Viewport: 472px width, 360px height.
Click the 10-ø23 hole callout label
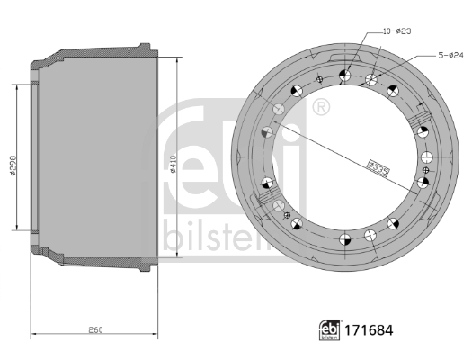pyautogui.click(x=397, y=31)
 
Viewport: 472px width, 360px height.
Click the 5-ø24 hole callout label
pyautogui.click(x=450, y=56)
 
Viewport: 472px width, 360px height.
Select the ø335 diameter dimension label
pyautogui.click(x=379, y=168)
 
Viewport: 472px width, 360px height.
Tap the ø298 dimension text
pyautogui.click(x=12, y=166)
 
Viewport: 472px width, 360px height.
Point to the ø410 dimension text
pyautogui.click(x=173, y=164)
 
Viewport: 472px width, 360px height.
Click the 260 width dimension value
pyautogui.click(x=95, y=330)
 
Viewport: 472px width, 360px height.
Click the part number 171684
pyautogui.click(x=369, y=330)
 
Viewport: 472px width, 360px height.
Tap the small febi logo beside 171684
pyautogui.click(x=330, y=330)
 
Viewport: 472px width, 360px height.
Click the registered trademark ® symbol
pyautogui.click(x=321, y=107)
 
